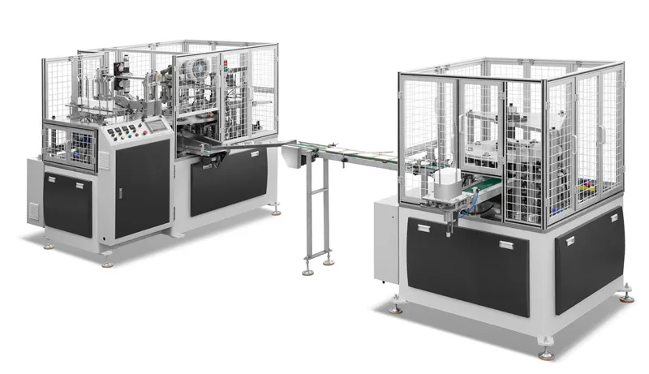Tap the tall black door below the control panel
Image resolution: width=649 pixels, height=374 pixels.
click(141, 195)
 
